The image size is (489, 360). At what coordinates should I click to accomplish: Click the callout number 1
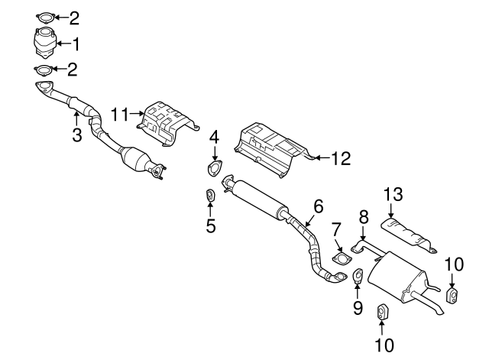76,44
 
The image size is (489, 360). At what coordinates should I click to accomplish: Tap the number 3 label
76,135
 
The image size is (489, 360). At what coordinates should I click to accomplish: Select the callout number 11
120,114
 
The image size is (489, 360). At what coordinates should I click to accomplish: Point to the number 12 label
341,158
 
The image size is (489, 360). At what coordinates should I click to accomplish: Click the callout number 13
393,193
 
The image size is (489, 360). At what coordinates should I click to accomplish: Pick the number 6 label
319,206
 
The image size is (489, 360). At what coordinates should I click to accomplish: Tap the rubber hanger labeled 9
358,275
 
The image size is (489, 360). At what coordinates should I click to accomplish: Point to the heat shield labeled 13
407,235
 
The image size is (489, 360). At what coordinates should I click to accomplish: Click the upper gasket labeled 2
45,18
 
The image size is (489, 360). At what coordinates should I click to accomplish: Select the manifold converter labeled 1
45,43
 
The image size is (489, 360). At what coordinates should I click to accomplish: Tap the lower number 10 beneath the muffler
384,345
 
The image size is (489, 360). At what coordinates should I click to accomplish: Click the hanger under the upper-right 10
452,297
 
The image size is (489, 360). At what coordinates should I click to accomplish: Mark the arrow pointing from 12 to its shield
322,158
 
